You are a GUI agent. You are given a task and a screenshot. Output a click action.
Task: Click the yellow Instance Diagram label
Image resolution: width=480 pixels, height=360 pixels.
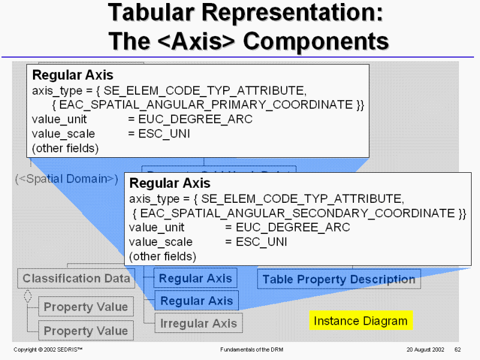tap(361, 321)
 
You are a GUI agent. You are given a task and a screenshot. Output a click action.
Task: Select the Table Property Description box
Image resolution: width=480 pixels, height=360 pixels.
tap(339, 279)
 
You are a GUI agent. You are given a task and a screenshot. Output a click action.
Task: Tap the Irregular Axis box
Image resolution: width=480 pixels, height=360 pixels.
tap(199, 323)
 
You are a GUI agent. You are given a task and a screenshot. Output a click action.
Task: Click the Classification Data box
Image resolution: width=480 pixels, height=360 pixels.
tap(76, 278)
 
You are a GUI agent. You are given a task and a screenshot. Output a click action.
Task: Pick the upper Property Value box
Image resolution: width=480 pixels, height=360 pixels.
tap(86, 307)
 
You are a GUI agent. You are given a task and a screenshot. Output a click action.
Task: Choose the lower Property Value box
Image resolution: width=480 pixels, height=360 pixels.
tap(86, 331)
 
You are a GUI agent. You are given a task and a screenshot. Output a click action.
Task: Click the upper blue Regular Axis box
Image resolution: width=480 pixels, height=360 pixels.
tap(195, 278)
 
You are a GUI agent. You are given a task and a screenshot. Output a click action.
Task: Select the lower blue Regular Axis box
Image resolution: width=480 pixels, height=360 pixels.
tap(197, 301)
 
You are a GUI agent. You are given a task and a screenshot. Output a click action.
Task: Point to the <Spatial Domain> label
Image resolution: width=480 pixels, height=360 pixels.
tap(66, 179)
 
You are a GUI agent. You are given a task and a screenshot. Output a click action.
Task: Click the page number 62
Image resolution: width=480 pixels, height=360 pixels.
tap(457, 349)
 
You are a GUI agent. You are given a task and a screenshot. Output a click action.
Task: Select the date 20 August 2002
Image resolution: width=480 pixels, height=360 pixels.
tap(425, 349)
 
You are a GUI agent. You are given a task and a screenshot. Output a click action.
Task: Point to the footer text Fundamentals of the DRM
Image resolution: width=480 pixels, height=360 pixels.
tap(247, 349)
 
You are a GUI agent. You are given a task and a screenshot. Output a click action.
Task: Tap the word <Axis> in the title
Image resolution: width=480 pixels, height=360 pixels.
tap(199, 41)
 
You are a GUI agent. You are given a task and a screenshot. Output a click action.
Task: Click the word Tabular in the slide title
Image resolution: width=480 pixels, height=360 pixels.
tap(157, 13)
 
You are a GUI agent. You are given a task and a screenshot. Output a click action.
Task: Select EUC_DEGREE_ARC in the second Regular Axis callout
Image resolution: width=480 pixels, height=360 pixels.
tap(293, 227)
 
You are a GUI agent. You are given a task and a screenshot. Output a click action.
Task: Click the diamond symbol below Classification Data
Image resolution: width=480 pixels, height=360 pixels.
tap(27, 296)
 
